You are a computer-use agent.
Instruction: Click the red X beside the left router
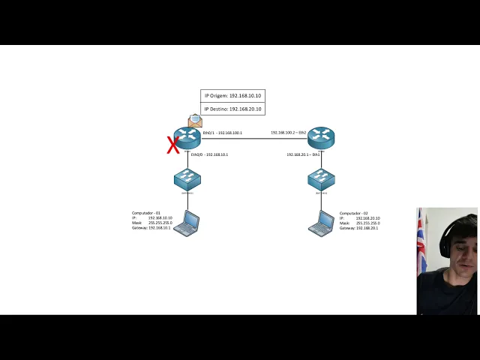[173, 145]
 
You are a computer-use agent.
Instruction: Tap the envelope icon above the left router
[195, 121]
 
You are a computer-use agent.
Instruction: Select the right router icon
[321, 137]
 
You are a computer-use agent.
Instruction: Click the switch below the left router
[187, 179]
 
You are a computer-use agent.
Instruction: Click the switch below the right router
[321, 179]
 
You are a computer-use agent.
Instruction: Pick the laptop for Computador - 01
[187, 223]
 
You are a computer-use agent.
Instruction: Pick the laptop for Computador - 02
[322, 223]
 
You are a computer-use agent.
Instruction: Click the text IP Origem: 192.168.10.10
[232, 96]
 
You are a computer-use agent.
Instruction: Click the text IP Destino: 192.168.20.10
[232, 109]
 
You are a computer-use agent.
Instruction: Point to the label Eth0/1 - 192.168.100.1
[222, 133]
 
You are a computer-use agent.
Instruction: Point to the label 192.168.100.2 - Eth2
[289, 133]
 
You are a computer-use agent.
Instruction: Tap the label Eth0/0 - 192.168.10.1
[209, 154]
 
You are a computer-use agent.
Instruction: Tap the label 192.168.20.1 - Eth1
[303, 154]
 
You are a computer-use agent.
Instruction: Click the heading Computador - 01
[146, 213]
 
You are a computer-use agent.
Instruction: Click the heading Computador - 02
[354, 213]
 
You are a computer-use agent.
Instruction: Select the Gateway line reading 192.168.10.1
[151, 227]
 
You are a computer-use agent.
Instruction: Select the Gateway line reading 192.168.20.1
[358, 227]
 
